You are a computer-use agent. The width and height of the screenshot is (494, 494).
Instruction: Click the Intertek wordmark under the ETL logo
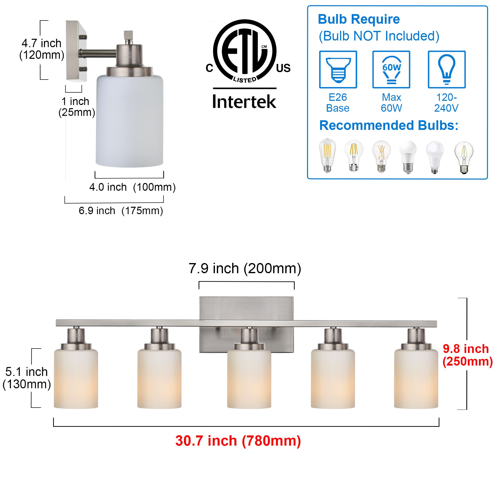[x=244, y=102]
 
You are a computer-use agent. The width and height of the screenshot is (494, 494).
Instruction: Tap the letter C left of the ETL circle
[x=209, y=68]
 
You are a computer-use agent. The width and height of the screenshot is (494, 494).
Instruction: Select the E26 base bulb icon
[x=338, y=70]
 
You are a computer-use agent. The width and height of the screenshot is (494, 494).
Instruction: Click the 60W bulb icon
[x=391, y=70]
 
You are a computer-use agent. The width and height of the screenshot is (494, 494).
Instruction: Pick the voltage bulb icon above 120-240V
[x=447, y=70]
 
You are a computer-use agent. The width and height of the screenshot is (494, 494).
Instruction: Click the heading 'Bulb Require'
[x=359, y=19]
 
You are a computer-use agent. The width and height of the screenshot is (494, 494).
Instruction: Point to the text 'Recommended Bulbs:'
[x=389, y=125]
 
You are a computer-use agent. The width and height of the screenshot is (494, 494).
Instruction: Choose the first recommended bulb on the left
[x=328, y=155]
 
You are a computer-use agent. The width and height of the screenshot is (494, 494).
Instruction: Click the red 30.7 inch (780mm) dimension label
[x=238, y=441]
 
